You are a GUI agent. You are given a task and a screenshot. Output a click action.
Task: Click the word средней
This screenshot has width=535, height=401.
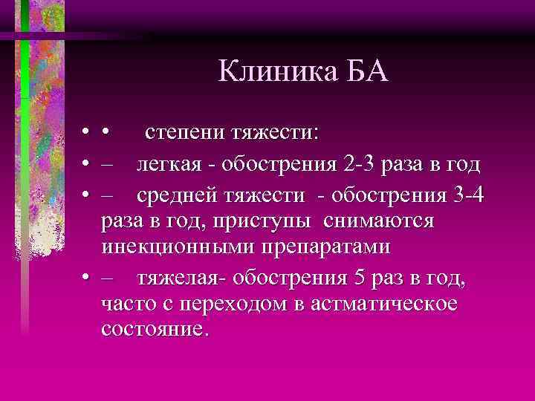click(177, 195)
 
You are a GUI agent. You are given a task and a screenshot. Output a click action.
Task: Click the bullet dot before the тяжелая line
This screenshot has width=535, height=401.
click(87, 279)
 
